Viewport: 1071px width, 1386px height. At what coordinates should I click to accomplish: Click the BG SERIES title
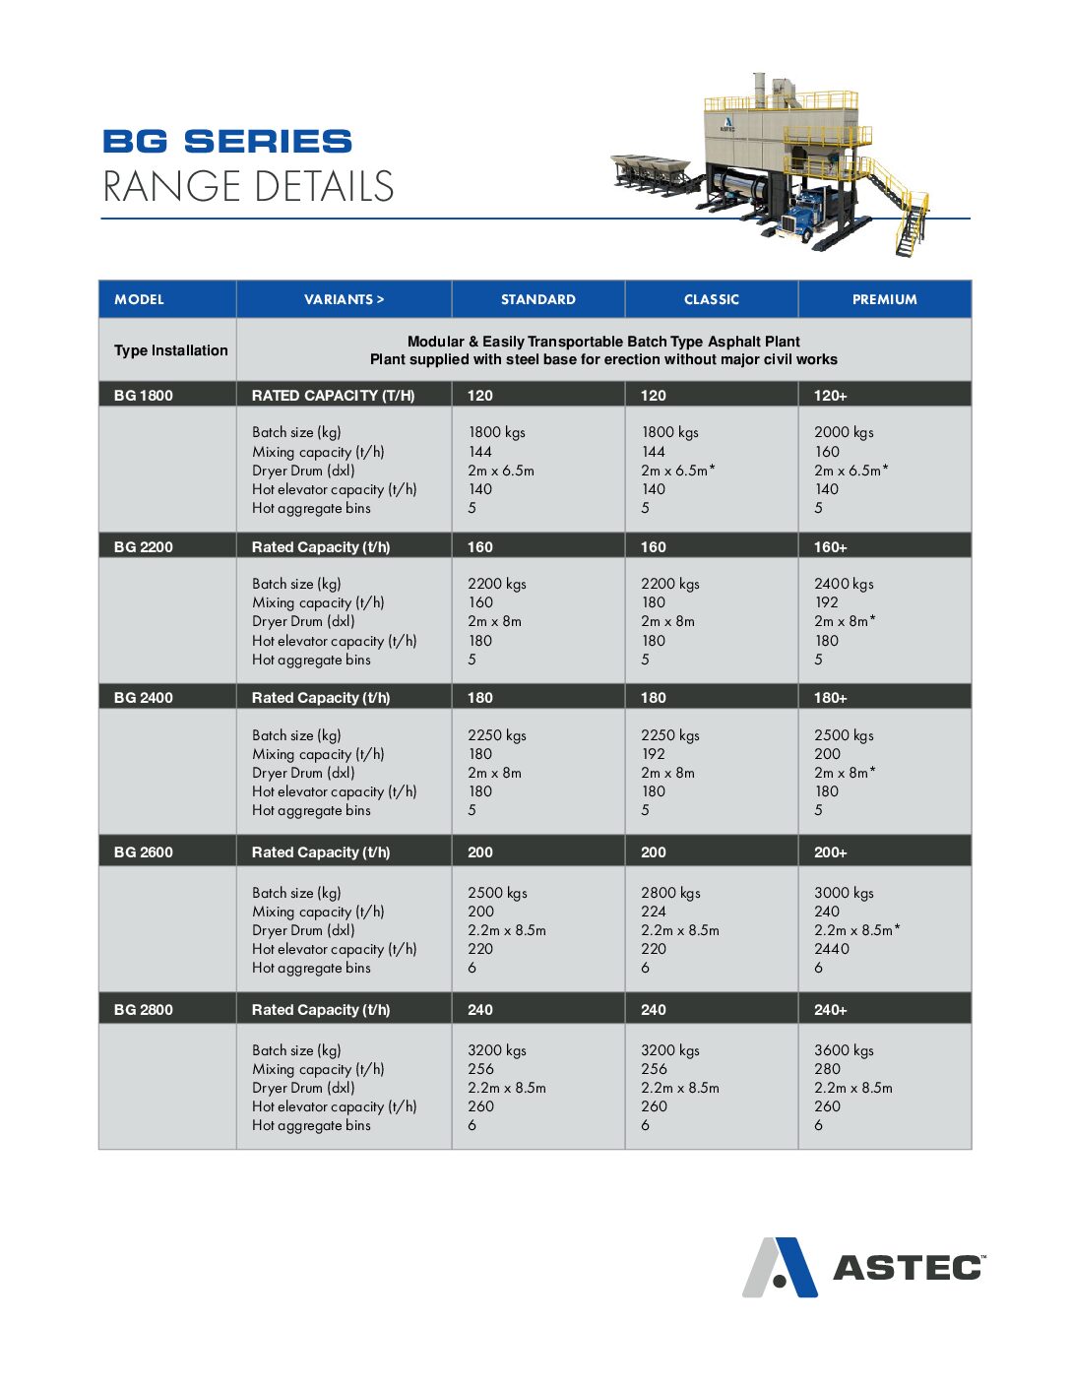coord(227,142)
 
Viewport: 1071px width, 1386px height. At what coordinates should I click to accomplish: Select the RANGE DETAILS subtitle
coord(248,187)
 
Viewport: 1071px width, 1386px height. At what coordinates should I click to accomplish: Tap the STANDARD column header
coord(537,299)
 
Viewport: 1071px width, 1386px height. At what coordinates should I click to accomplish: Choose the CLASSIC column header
coord(711,299)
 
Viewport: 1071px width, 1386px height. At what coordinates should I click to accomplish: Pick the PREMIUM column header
coord(884,299)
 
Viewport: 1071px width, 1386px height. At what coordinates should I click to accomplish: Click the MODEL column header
coord(139,299)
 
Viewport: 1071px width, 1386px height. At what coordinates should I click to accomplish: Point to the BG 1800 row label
coord(144,396)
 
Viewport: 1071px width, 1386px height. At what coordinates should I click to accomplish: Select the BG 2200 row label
coord(144,547)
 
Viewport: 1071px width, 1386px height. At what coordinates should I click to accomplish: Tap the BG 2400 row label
coord(144,698)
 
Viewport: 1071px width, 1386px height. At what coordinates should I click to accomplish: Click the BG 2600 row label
coord(144,852)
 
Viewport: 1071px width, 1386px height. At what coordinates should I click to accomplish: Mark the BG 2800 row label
coord(144,1010)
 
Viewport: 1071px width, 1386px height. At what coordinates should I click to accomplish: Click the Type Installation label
coord(170,350)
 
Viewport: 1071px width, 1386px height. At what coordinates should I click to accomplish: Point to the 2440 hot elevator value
coord(832,949)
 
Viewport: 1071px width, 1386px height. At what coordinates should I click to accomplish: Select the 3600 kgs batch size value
coord(844,1050)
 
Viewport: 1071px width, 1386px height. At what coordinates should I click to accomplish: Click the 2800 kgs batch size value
coord(670,893)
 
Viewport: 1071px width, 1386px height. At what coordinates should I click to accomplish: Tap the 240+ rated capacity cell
coord(830,1010)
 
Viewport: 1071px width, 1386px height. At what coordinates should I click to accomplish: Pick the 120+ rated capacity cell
coord(830,396)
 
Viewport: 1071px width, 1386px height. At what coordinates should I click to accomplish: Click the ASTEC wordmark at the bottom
coord(908,1268)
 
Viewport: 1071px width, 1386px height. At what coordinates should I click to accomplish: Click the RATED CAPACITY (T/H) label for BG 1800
coord(333,396)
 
